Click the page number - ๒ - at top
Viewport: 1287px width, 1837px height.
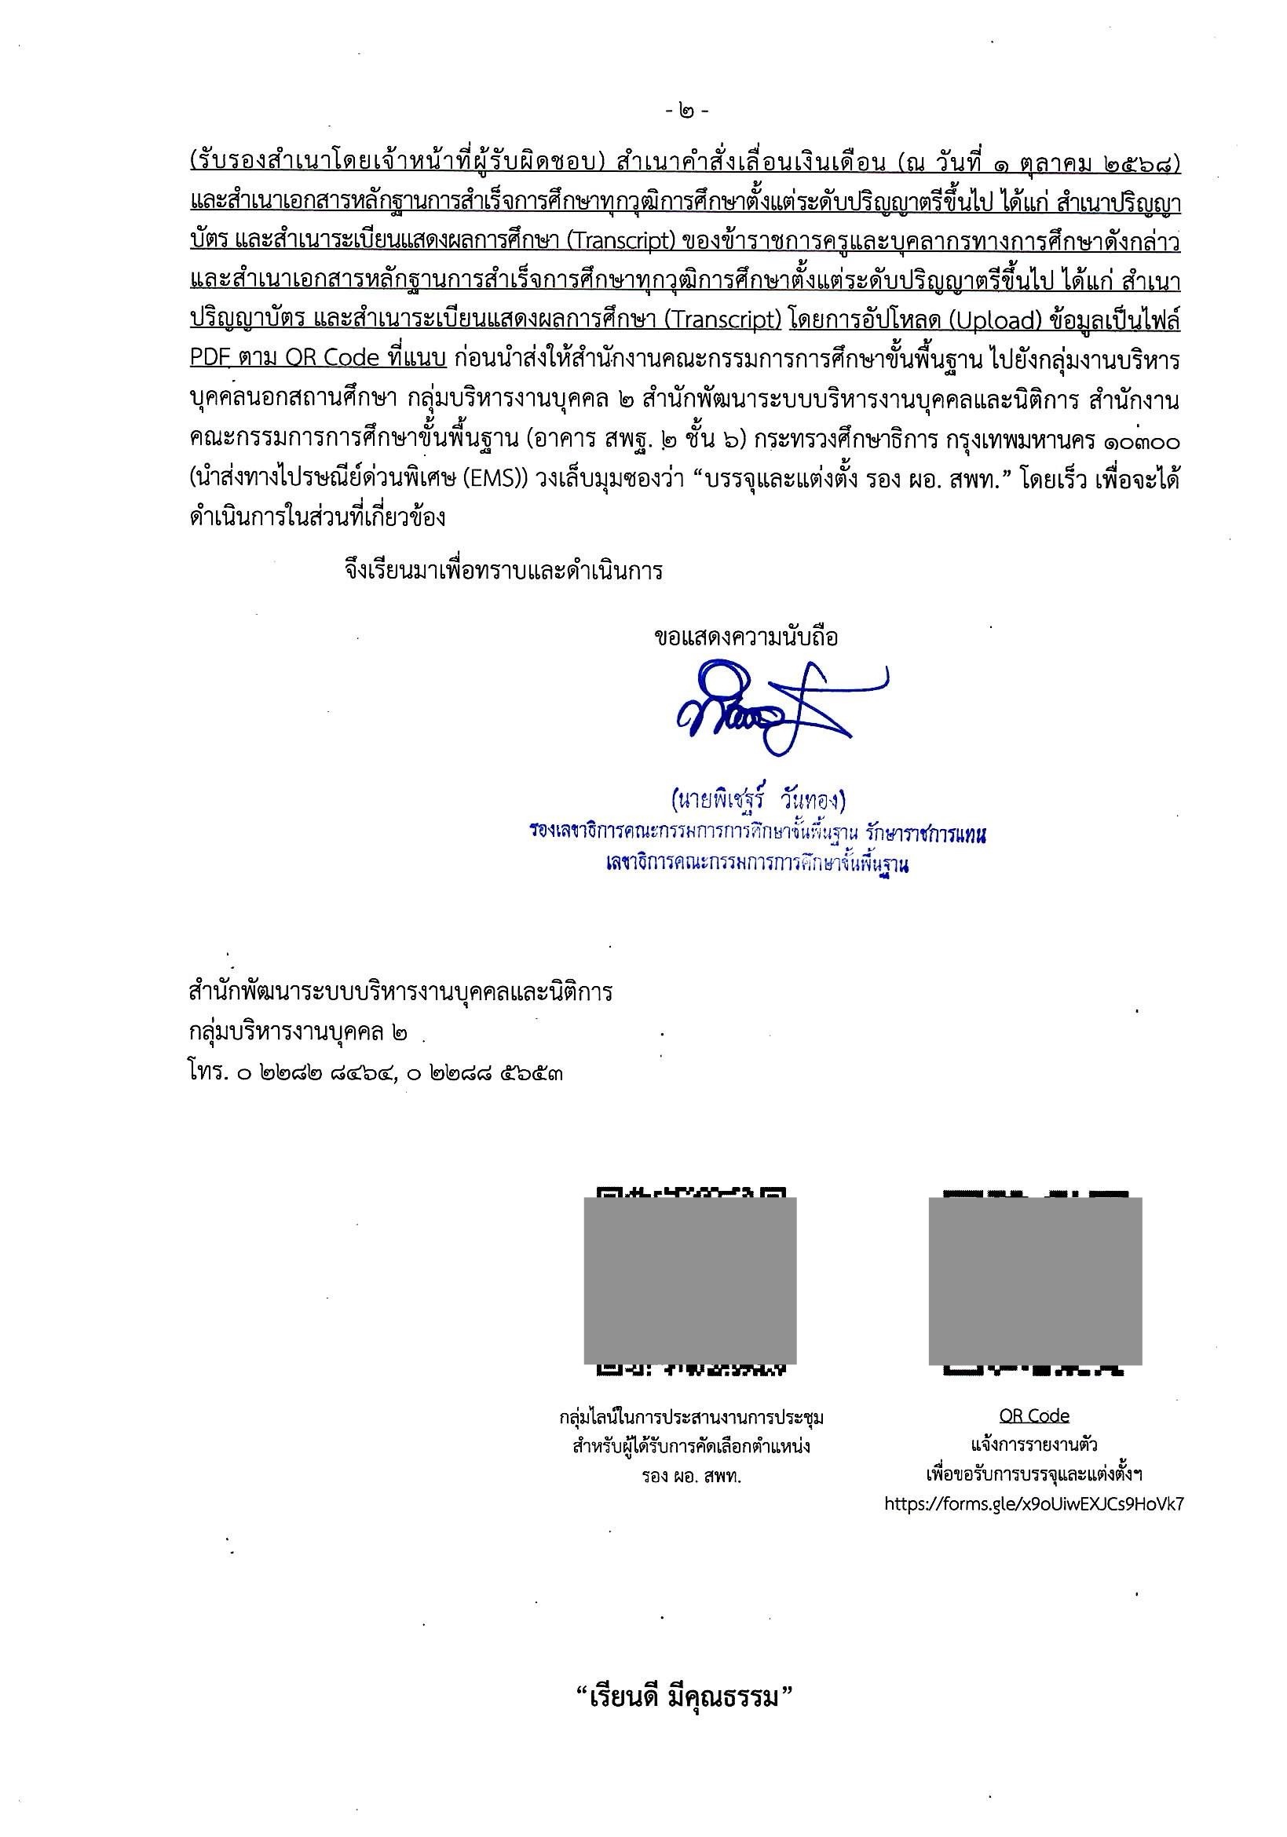click(x=686, y=111)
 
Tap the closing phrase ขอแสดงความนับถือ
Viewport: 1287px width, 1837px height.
click(x=746, y=637)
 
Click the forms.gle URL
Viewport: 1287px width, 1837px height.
click(x=1034, y=1503)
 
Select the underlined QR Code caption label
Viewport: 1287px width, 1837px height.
click(x=1034, y=1416)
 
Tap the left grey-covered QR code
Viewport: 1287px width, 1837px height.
click(x=690, y=1281)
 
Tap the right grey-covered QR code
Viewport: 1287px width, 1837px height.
click(x=1034, y=1281)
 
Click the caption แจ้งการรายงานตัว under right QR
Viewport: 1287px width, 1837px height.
click(x=1034, y=1446)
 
